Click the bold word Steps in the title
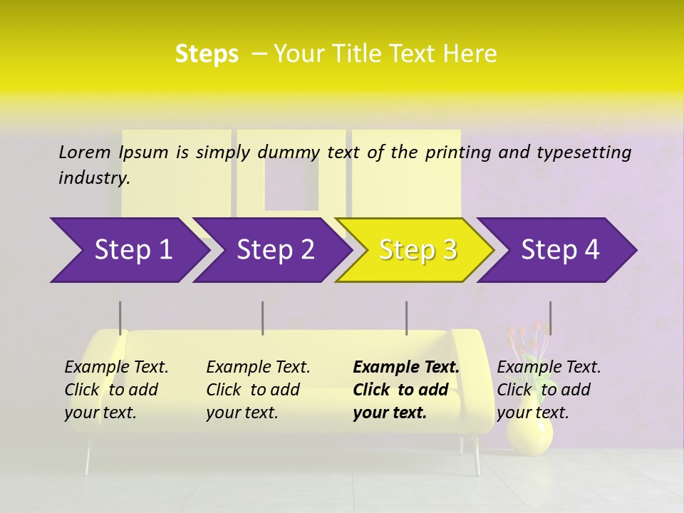pyautogui.click(x=207, y=54)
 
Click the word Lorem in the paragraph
pyautogui.click(x=84, y=152)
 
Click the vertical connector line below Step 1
pyautogui.click(x=120, y=318)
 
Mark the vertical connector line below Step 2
pyautogui.click(x=263, y=318)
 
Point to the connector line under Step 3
pyautogui.click(x=406, y=318)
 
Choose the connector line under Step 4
pyautogui.click(x=550, y=318)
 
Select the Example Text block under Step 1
pyautogui.click(x=116, y=390)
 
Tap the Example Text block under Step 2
pyautogui.click(x=258, y=390)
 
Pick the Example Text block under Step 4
pyautogui.click(x=549, y=390)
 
